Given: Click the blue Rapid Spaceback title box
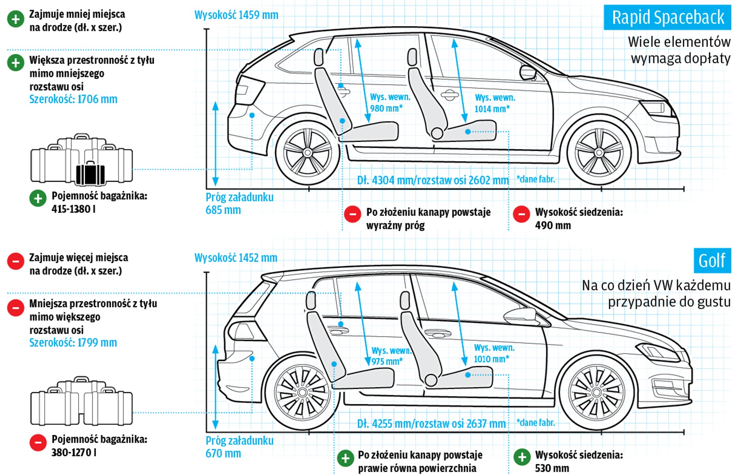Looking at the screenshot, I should tap(667, 17).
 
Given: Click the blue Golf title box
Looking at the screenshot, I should tap(712, 260).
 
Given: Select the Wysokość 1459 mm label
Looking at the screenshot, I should tap(236, 15).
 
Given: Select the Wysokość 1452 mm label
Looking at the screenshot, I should tap(236, 258).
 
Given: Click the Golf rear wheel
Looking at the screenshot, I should tap(302, 392).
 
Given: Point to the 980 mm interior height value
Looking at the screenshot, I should tap(386, 109).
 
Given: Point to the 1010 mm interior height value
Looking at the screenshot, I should tap(491, 359).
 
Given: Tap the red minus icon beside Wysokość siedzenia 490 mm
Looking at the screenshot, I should tap(521, 214).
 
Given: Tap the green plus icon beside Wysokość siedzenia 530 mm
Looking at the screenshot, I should tap(522, 457).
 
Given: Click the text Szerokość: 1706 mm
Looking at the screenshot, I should tap(73, 99).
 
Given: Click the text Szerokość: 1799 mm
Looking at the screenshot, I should tap(73, 343).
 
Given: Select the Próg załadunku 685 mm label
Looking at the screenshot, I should tap(239, 203).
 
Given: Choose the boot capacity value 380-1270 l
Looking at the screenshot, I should tap(74, 452).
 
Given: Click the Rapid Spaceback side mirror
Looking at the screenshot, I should tap(528, 73).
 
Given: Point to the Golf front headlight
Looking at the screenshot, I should tap(657, 351).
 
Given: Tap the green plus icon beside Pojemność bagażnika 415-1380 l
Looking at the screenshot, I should tap(38, 198).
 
